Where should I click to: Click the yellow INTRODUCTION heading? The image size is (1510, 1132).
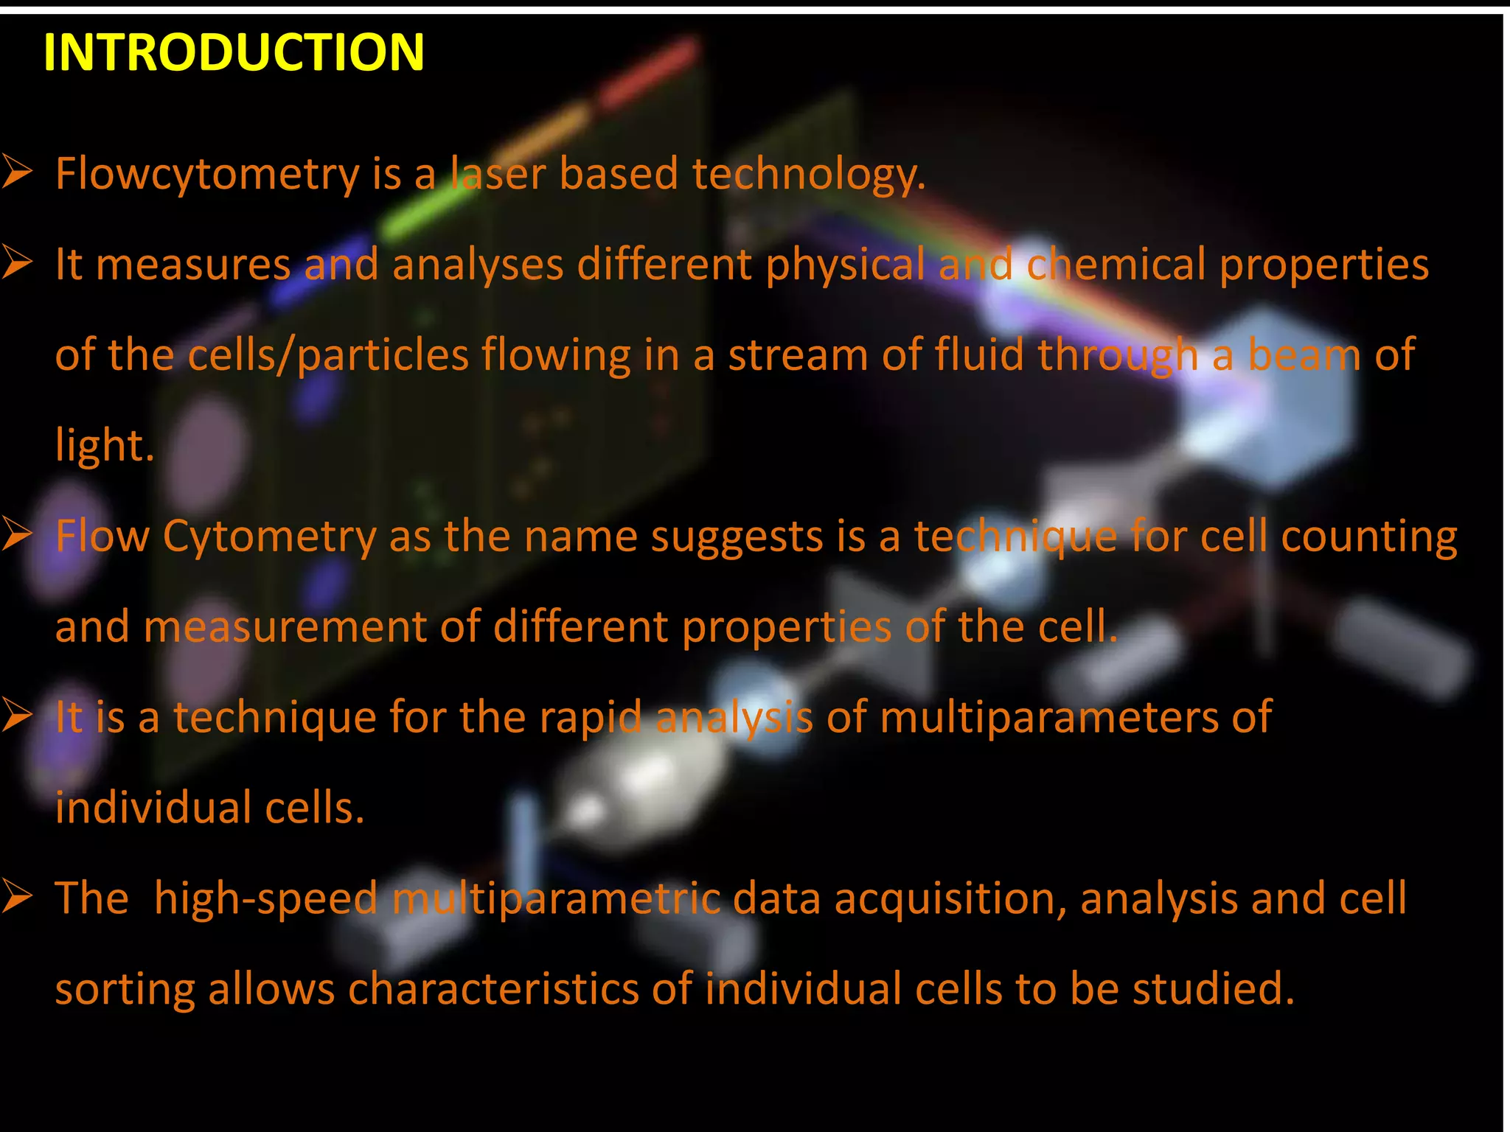click(x=234, y=52)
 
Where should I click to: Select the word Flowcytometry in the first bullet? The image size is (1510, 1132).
click(x=207, y=175)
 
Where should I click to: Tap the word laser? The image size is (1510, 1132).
click(x=498, y=174)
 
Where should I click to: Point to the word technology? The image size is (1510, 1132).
click(x=808, y=175)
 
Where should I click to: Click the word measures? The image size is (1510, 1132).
click(x=193, y=265)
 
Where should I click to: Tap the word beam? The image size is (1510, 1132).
click(x=1304, y=355)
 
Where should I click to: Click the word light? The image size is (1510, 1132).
click(x=104, y=446)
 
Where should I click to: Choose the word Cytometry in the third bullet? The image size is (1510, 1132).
click(x=269, y=537)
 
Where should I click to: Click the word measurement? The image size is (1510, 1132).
click(x=285, y=627)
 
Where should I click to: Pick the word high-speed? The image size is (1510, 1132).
click(x=265, y=899)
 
